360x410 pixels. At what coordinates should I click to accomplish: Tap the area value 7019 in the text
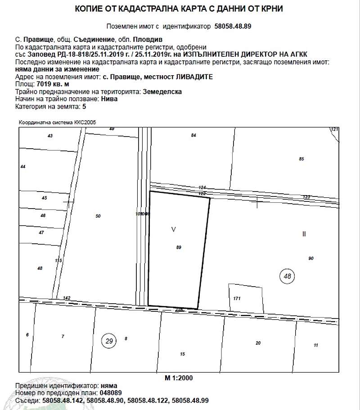[36, 84]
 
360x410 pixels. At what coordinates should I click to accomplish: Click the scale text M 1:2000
[178, 378]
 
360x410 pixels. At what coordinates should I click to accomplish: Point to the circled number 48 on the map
[288, 276]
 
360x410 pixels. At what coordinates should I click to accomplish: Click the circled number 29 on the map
[109, 341]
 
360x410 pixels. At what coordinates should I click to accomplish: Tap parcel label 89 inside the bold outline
[179, 247]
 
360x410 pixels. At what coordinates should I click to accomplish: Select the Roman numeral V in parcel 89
[174, 229]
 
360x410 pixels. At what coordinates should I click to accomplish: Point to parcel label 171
[238, 299]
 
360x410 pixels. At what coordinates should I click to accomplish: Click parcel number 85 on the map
[301, 159]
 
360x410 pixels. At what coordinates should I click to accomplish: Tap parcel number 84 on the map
[194, 135]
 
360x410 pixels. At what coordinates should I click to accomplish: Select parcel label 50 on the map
[98, 216]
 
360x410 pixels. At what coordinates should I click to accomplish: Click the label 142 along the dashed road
[67, 298]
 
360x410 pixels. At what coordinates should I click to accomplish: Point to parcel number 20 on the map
[258, 343]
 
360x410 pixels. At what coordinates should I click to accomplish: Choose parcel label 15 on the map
[182, 354]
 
